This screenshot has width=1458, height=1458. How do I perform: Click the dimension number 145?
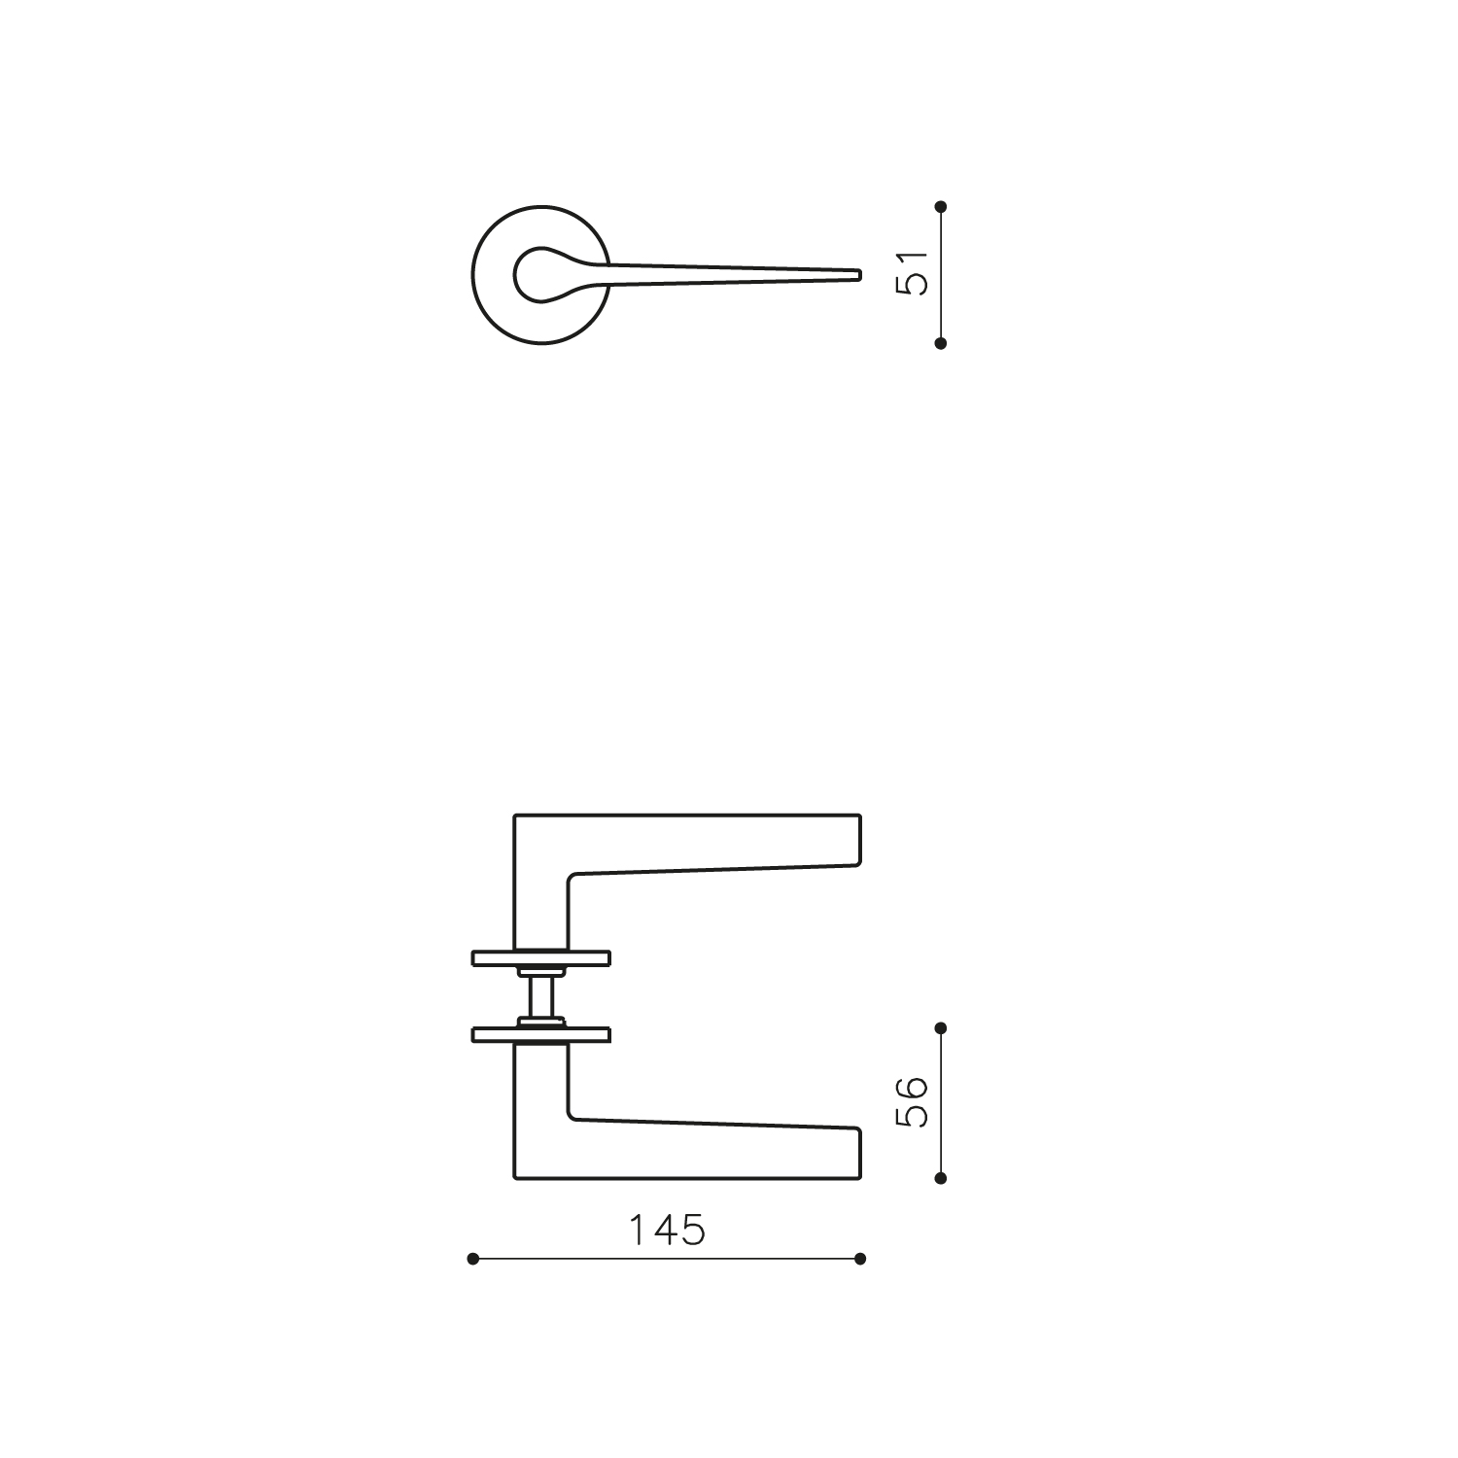pyautogui.click(x=666, y=1231)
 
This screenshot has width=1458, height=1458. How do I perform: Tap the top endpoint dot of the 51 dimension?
pyautogui.click(x=940, y=206)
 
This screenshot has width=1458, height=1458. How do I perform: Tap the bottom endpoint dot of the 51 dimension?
pyautogui.click(x=940, y=343)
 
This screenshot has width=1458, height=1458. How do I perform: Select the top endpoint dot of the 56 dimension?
pyautogui.click(x=940, y=1027)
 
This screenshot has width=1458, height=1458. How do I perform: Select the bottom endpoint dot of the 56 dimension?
pyautogui.click(x=940, y=1178)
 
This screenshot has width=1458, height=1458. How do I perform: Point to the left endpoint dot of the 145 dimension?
pyautogui.click(x=473, y=1259)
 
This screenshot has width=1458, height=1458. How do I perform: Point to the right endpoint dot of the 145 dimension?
pyautogui.click(x=860, y=1259)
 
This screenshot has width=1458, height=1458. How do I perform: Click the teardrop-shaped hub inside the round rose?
pyautogui.click(x=544, y=274)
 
